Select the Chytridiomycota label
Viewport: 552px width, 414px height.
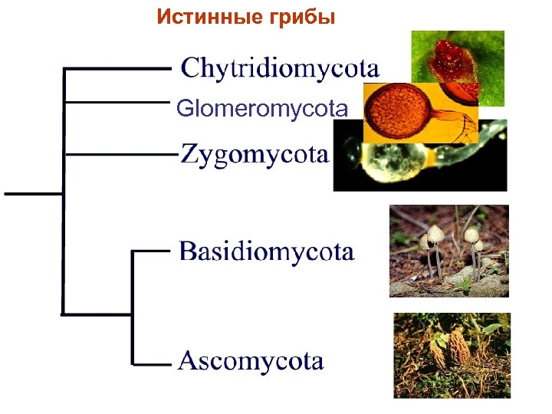[279, 69]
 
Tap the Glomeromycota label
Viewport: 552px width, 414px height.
[261, 109]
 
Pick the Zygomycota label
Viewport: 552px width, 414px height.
[255, 155]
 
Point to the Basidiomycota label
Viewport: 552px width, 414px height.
[266, 251]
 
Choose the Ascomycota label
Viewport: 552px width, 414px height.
[251, 360]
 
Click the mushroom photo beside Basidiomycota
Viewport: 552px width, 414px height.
[449, 251]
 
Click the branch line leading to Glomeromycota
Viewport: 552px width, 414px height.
[115, 100]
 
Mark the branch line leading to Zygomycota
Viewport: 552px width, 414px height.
[115, 153]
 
